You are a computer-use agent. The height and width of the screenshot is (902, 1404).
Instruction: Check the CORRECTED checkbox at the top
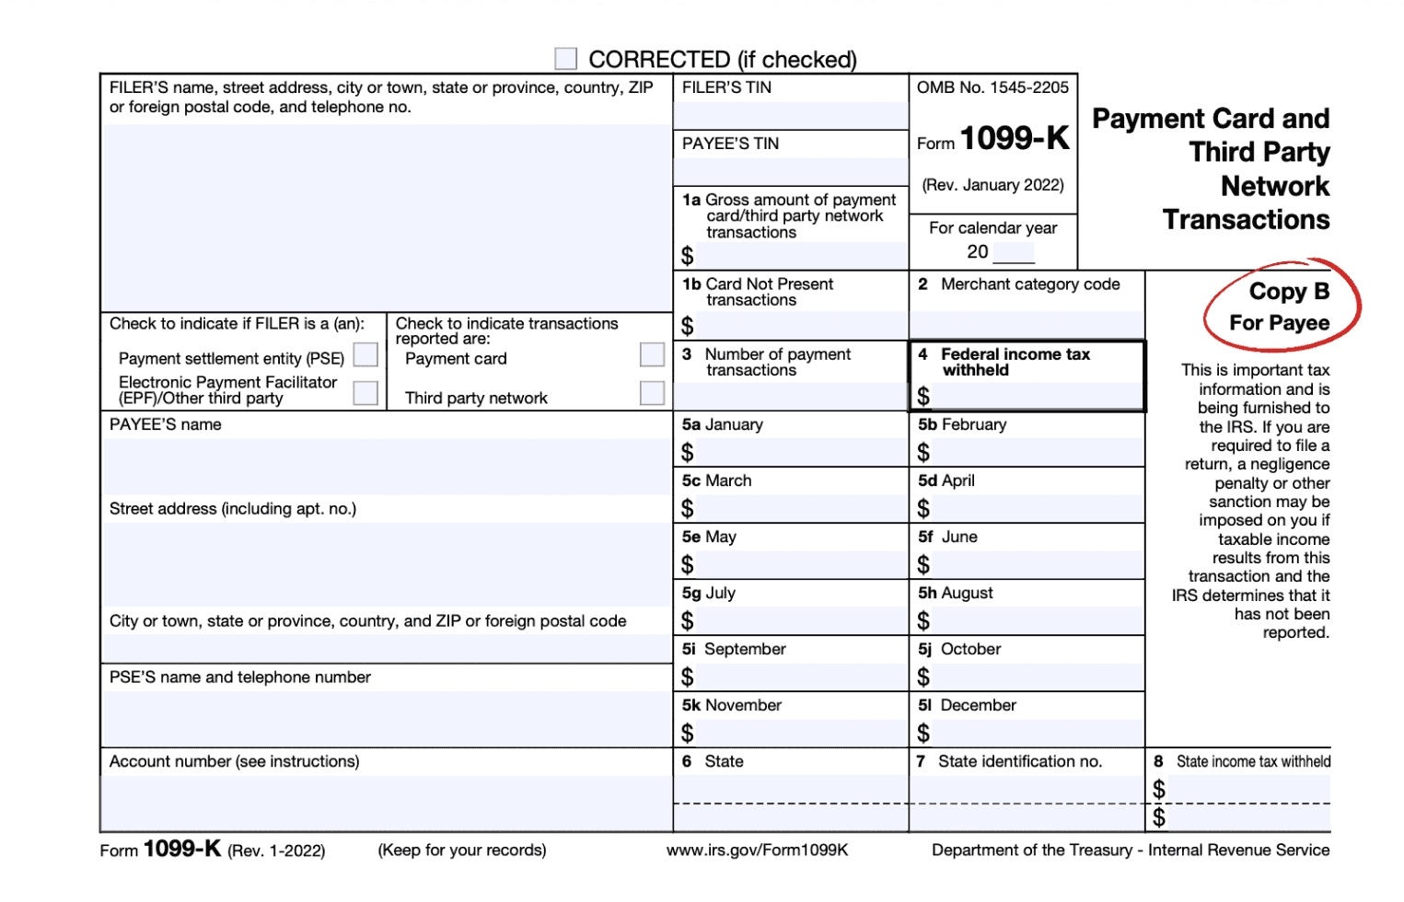(x=565, y=59)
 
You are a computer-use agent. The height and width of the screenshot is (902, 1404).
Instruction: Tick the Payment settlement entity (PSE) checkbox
(x=366, y=355)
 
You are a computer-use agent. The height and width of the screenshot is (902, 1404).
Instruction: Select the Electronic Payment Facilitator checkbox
(x=366, y=393)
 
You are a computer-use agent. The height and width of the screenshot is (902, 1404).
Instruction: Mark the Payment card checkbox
(x=652, y=355)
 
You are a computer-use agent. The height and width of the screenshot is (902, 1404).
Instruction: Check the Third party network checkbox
(x=652, y=393)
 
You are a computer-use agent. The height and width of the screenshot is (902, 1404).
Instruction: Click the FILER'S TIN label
(x=726, y=87)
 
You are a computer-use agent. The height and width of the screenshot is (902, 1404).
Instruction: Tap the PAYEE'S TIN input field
(x=790, y=171)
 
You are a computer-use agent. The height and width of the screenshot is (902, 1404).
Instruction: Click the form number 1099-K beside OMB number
(x=1014, y=139)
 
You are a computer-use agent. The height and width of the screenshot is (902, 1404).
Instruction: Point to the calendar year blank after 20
(x=1013, y=253)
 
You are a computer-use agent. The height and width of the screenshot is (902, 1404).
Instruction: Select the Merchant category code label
(x=1029, y=284)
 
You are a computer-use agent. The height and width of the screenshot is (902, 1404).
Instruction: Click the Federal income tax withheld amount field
(x=1036, y=397)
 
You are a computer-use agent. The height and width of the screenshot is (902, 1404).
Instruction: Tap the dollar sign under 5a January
(x=688, y=453)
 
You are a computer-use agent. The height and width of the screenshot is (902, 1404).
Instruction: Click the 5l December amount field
(x=1036, y=734)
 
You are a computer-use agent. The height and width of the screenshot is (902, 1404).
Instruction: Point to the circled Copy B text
(x=1289, y=292)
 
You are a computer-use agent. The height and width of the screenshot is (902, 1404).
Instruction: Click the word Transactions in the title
(x=1246, y=220)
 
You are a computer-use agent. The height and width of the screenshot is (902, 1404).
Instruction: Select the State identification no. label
(x=1018, y=761)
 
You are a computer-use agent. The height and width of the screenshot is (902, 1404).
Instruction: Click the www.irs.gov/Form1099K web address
(x=757, y=850)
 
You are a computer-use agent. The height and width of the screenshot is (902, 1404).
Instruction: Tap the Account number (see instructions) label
(x=234, y=761)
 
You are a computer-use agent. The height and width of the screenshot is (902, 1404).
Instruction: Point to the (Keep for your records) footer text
(x=461, y=850)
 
